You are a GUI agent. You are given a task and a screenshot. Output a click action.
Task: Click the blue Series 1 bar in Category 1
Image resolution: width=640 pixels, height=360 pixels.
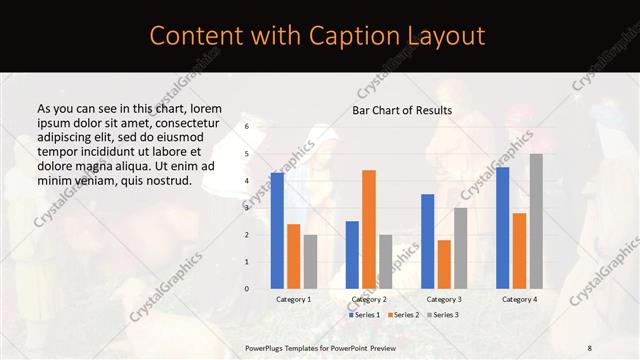[x=277, y=231]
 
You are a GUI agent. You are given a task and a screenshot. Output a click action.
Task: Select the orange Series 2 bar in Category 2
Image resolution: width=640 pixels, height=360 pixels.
[x=369, y=229]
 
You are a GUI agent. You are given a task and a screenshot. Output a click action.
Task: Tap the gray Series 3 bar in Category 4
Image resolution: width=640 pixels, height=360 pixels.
[x=536, y=221]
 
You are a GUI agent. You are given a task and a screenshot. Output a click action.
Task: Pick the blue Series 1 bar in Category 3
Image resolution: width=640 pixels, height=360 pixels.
[x=427, y=241]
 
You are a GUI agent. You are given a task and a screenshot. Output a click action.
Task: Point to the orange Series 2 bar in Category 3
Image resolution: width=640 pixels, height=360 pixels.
[x=444, y=264]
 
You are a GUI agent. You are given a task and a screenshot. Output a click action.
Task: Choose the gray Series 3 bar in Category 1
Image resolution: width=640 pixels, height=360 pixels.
[x=310, y=261]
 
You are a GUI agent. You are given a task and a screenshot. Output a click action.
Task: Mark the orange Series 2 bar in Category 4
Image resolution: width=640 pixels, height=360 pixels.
[x=519, y=251]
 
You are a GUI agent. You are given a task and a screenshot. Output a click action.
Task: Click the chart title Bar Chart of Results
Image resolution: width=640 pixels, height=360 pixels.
[x=402, y=110]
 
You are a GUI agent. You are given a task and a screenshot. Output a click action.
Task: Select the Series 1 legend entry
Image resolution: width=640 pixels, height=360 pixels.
[x=364, y=315]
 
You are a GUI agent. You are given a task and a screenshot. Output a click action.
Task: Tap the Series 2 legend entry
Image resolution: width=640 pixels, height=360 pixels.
[x=403, y=315]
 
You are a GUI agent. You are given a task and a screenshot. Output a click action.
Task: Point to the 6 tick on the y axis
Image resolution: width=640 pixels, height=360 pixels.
[x=247, y=127]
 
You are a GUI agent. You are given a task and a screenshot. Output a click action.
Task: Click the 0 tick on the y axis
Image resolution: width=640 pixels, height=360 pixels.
[x=247, y=289]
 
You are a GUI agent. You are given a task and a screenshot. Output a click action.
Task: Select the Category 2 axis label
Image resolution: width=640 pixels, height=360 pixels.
[x=369, y=299]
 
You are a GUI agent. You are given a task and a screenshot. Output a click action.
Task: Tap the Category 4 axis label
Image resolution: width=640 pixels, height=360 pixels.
[x=519, y=299]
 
